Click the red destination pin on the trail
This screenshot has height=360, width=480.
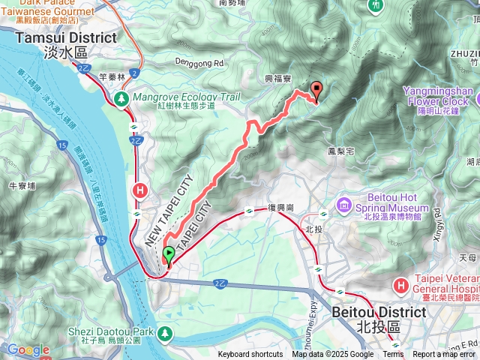[x=316, y=91]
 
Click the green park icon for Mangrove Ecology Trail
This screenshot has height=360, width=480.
[x=121, y=98]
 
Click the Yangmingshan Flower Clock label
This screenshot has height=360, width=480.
[x=439, y=95]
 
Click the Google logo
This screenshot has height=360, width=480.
[x=28, y=349]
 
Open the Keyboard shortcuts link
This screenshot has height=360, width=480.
[x=251, y=355]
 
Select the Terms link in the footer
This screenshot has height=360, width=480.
[x=392, y=355]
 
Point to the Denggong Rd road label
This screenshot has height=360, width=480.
[x=199, y=64]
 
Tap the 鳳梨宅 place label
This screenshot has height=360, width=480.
[x=341, y=151]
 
